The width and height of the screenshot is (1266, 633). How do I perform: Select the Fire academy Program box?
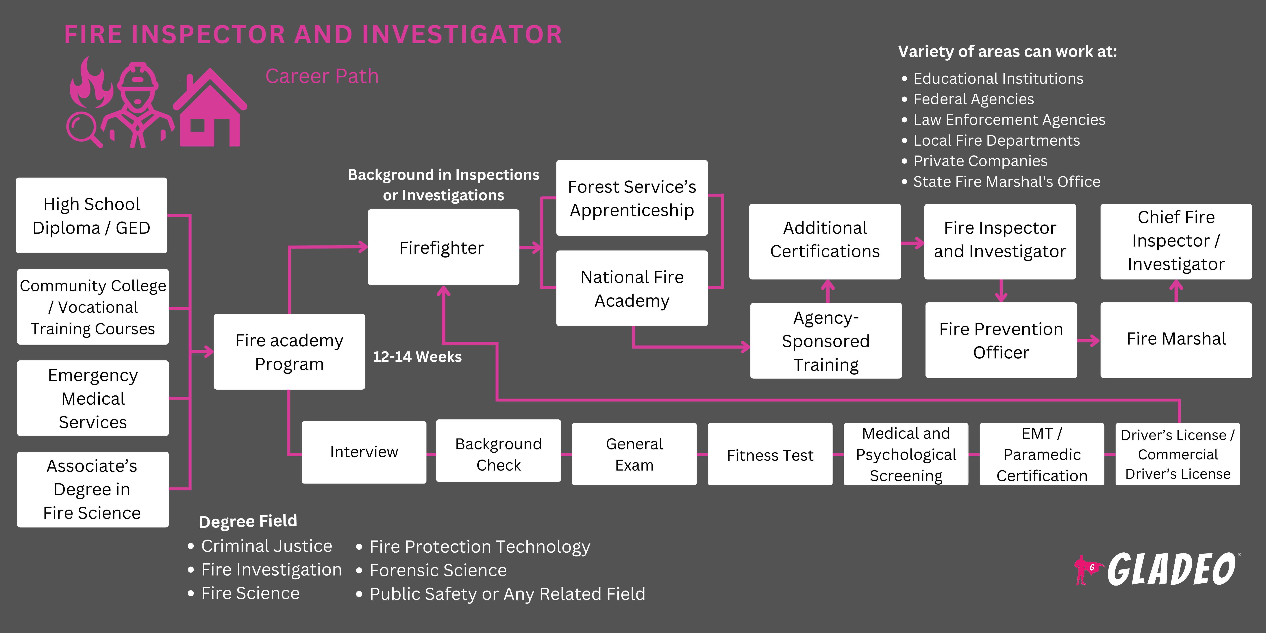(289, 352)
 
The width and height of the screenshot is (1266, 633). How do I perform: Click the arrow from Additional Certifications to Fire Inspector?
(913, 243)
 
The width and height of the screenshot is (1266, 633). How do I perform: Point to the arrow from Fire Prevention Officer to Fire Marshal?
(1088, 340)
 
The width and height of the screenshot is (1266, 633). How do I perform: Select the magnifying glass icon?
(83, 129)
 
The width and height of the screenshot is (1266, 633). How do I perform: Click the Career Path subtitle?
(322, 76)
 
